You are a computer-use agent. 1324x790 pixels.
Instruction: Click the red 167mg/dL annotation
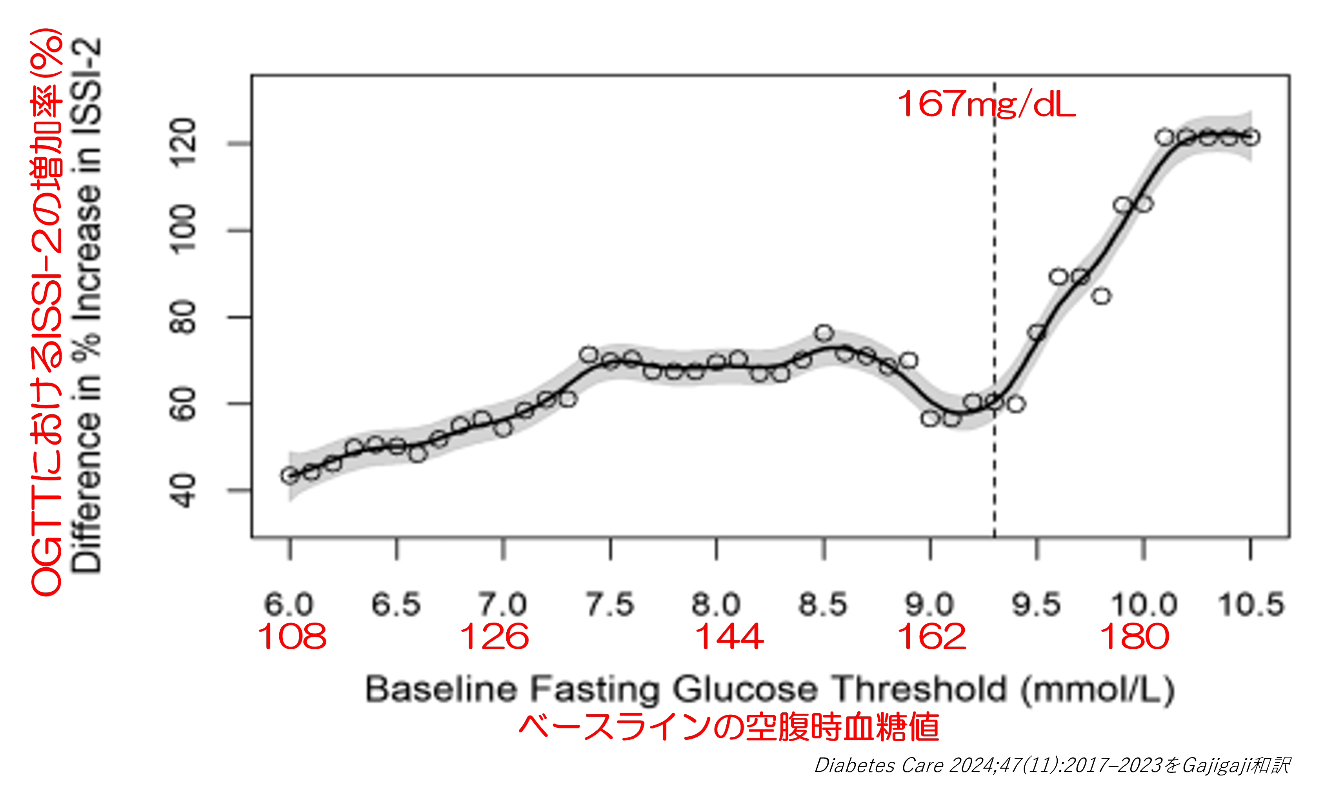coord(986,104)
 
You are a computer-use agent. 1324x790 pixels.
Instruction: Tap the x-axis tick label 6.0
coord(289,604)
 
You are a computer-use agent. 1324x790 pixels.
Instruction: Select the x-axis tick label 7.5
coord(610,604)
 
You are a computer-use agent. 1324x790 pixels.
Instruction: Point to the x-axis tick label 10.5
coord(1251,604)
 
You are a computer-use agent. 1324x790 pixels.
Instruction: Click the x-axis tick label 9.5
coord(1036,604)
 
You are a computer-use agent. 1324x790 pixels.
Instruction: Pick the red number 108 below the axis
coord(292,637)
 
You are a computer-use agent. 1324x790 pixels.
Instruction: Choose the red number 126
coord(494,637)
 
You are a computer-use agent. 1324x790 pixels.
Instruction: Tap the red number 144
coord(729,637)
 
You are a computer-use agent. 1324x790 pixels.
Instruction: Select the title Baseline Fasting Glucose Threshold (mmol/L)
coord(770,690)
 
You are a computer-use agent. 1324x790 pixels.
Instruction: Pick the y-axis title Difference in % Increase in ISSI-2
coord(86,305)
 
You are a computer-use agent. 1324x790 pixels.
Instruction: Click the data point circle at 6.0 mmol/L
coord(289,476)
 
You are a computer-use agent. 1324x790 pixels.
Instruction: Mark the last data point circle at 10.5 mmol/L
coord(1251,137)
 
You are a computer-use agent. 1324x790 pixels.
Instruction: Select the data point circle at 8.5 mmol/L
coord(824,333)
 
